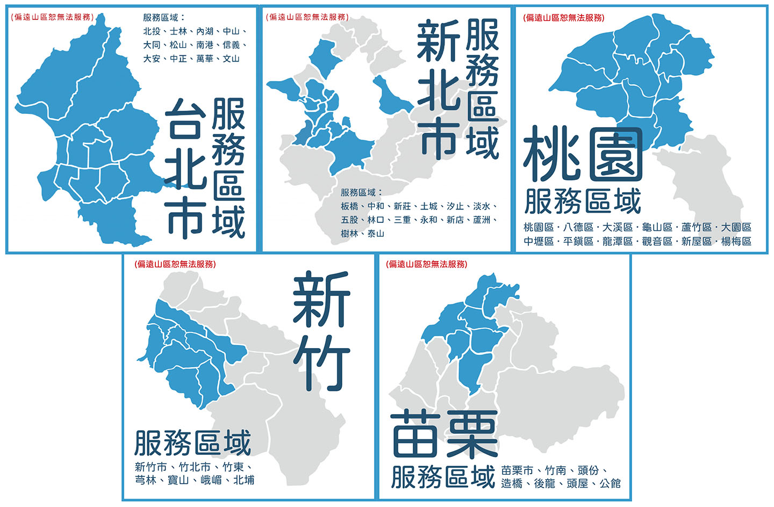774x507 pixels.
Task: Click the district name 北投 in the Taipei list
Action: [x=152, y=32]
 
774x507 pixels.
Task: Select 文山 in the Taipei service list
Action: [x=231, y=59]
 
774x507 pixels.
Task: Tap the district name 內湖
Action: [x=205, y=32]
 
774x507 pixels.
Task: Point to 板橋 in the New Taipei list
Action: [x=349, y=206]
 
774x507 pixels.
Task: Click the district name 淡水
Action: [x=482, y=206]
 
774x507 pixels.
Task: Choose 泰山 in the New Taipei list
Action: [x=376, y=234]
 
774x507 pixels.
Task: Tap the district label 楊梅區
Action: [x=736, y=241]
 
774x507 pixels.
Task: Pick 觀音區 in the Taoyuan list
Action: [x=657, y=241]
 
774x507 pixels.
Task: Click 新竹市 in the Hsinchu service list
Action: [x=150, y=467]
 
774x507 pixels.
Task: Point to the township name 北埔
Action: [x=244, y=480]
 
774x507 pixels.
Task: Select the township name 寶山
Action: [x=178, y=480]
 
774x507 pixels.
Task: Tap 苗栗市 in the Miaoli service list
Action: [x=517, y=470]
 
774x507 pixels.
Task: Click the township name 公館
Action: [x=610, y=483]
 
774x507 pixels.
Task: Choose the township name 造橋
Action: [x=512, y=483]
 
